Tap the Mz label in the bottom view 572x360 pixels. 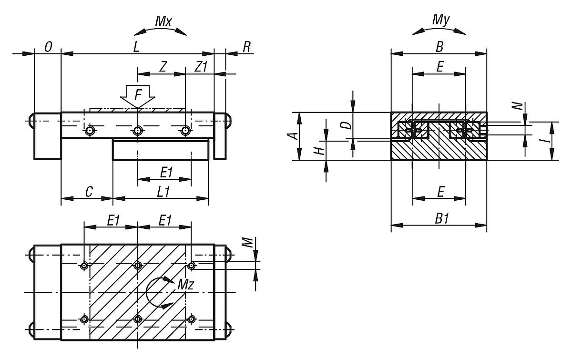tap(185, 285)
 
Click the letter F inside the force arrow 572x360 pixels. tap(138, 94)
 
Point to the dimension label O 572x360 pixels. tap(48, 47)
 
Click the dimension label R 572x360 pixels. tap(246, 47)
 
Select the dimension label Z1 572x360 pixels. tap(201, 67)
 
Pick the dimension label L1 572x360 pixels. tap(163, 191)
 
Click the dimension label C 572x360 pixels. tap(89, 191)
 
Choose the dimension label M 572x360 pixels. tap(246, 243)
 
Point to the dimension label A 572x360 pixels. tap(295, 136)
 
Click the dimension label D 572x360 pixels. tap(347, 125)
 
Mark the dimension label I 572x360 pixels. tap(546, 136)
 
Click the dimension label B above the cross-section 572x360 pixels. tap(439, 47)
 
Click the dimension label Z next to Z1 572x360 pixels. tap(163, 67)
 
